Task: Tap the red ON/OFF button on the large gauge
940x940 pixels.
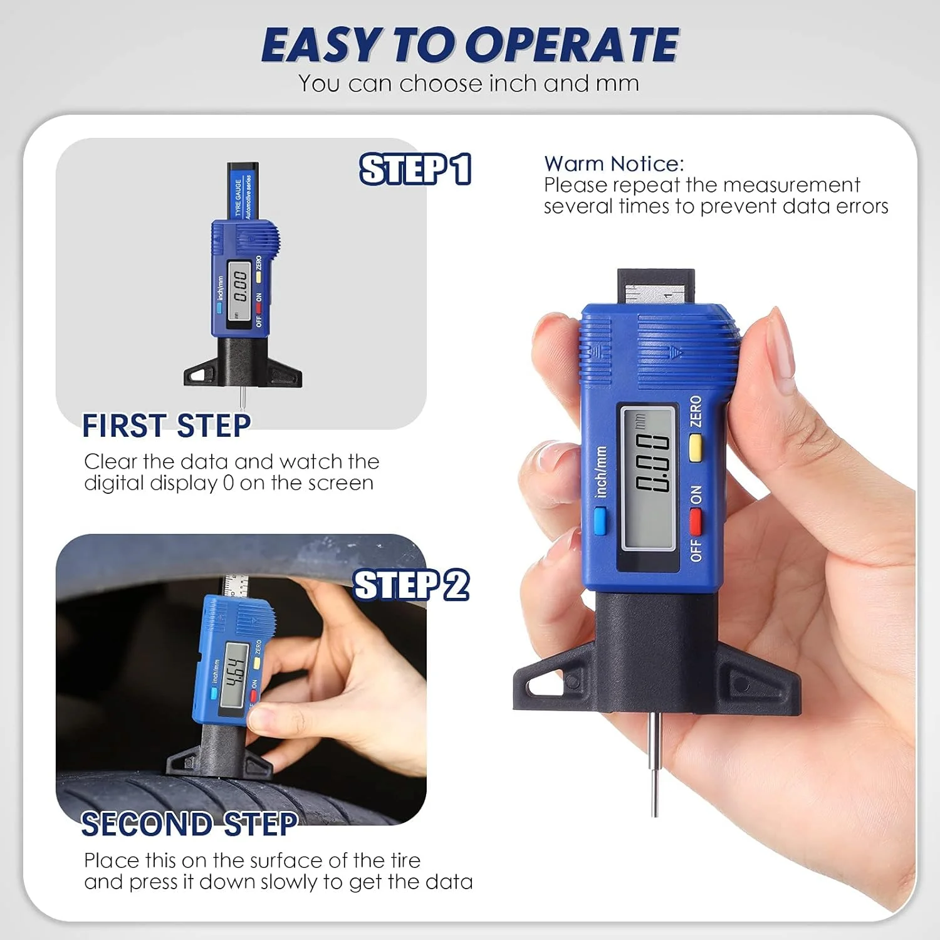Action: pos(696,520)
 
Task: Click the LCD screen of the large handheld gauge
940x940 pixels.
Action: pos(648,478)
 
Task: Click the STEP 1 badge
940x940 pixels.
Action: pos(415,169)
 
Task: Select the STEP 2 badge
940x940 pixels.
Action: pos(411,585)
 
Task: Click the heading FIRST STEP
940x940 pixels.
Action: pos(167,426)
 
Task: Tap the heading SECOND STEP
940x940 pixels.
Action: pos(189,824)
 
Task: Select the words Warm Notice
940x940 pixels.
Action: pos(614,164)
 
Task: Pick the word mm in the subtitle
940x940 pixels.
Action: pos(617,83)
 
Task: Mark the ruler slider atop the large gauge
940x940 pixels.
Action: pos(655,288)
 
